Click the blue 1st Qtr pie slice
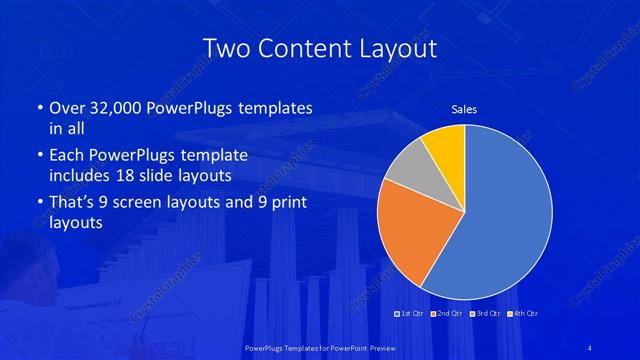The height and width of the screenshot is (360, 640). pos(500,215)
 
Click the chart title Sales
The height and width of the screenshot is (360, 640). pos(465,109)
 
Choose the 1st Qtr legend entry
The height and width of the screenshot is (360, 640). pos(412,314)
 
